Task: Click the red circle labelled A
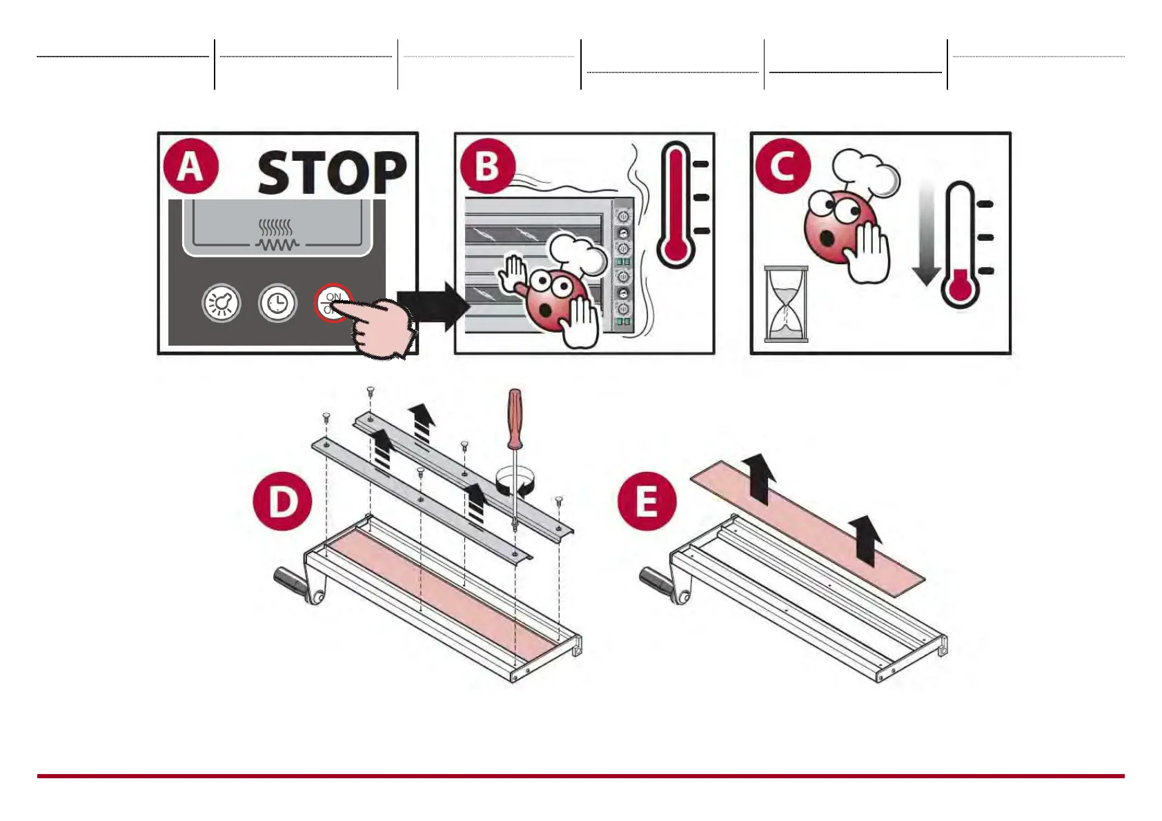190,168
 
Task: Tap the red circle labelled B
487,166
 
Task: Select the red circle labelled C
782,166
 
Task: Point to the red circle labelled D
282,502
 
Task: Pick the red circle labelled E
646,502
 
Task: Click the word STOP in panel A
332,172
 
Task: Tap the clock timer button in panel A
277,304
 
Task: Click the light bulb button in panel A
221,304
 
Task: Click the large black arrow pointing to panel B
432,305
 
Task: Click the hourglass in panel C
786,304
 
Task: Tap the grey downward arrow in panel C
926,235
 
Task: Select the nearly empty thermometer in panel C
961,245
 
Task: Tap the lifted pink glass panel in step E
807,524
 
